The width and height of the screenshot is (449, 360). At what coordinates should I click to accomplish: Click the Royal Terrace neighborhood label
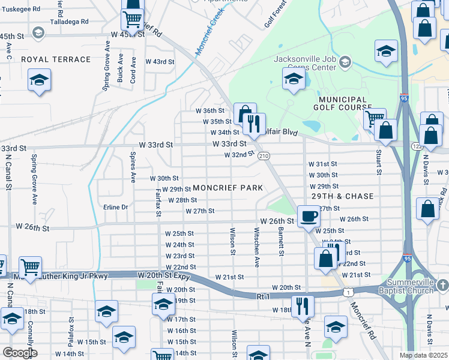point(56,59)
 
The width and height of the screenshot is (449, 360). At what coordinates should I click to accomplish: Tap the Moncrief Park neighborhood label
point(228,188)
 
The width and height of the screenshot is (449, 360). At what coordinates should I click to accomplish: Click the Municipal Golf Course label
point(343,103)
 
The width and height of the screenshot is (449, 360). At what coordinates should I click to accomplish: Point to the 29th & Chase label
point(343,196)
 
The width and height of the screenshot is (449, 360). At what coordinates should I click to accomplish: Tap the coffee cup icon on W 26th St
point(309,216)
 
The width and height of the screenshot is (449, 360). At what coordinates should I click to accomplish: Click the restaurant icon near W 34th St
point(254,124)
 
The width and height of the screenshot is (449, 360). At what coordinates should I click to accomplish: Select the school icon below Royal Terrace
point(40,80)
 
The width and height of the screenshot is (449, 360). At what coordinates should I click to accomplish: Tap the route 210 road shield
point(264,156)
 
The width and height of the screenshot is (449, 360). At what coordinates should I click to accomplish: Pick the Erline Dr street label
point(116,207)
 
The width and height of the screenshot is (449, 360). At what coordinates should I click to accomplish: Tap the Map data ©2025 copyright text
point(423,355)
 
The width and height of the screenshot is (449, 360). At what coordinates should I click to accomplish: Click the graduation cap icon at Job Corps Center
point(294,79)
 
